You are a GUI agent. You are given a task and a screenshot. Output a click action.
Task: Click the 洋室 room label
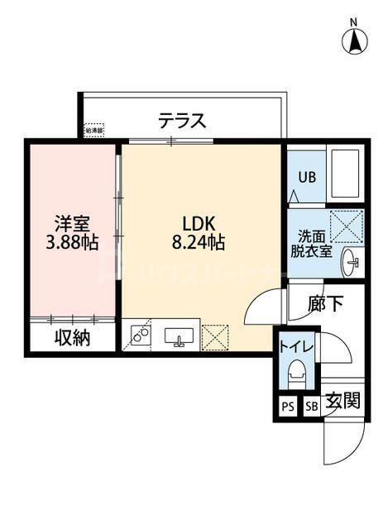71,223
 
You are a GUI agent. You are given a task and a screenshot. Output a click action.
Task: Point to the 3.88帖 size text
71,244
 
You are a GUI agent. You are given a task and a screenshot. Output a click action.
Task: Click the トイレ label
295,348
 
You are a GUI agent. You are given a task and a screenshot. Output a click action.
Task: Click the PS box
288,406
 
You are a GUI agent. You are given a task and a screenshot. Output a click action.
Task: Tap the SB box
312,406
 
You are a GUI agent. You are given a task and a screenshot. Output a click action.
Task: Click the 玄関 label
342,403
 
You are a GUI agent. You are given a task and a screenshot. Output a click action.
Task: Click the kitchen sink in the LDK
179,336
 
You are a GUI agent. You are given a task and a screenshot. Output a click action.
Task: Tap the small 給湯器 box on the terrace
96,131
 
